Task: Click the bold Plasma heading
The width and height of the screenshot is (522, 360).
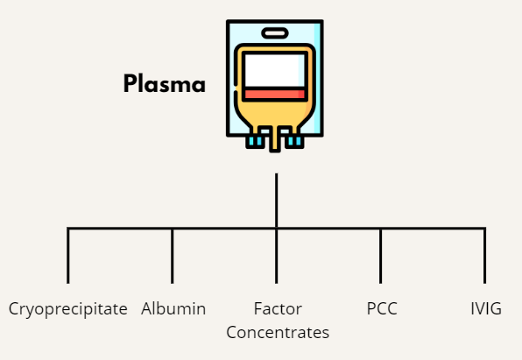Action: (x=165, y=83)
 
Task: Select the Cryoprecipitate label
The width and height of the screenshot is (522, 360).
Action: (x=68, y=309)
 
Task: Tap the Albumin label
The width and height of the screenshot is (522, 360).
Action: (x=173, y=308)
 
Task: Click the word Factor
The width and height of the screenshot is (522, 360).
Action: (x=278, y=308)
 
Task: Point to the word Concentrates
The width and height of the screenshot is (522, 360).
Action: (x=278, y=332)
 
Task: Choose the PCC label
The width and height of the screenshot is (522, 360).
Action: (x=382, y=308)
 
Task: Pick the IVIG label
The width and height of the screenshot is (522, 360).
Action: (x=486, y=308)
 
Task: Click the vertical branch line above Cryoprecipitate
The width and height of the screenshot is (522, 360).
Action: (x=68, y=256)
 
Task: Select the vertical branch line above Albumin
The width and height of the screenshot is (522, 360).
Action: (x=173, y=256)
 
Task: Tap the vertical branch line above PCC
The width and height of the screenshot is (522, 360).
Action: (x=380, y=256)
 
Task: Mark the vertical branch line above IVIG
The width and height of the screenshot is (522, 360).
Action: (x=484, y=256)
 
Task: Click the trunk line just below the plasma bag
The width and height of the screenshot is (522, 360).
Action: (x=276, y=201)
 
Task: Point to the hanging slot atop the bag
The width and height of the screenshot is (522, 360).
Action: (x=275, y=33)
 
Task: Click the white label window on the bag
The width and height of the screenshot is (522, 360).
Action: (x=275, y=71)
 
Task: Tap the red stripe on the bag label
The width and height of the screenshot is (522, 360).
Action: (x=275, y=95)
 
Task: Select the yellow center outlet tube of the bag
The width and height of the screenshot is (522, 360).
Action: (x=275, y=138)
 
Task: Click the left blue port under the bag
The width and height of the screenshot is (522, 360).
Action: (x=256, y=141)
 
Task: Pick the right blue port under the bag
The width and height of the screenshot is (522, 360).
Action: (x=294, y=141)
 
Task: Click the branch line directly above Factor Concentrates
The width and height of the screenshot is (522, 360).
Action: (x=276, y=256)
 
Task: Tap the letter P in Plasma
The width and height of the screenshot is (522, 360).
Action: (x=130, y=83)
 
